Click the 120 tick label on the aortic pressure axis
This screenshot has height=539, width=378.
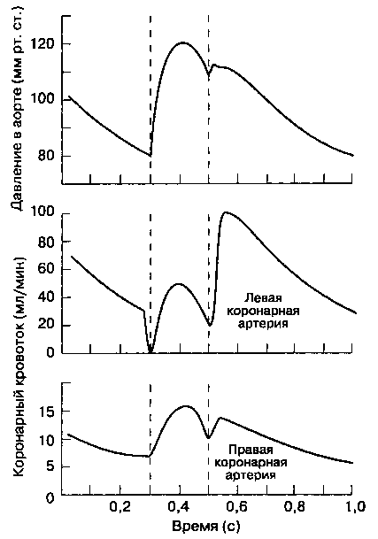point(43,44)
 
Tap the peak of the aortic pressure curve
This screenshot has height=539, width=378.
point(182,42)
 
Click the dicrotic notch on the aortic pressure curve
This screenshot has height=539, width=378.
point(209,73)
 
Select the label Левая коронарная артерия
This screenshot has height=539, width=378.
point(263,311)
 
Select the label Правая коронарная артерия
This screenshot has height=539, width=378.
point(251,462)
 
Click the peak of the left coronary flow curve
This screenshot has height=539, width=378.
point(226,212)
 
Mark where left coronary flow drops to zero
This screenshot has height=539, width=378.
point(150,351)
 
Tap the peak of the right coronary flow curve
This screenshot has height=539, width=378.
point(186,406)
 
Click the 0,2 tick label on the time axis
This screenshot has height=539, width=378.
point(120,507)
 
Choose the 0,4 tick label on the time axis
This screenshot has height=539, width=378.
point(179,507)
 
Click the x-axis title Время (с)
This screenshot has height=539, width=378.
point(205,527)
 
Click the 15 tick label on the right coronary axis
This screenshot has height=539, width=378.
point(49,412)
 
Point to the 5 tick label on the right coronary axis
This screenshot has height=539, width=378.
point(52,467)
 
